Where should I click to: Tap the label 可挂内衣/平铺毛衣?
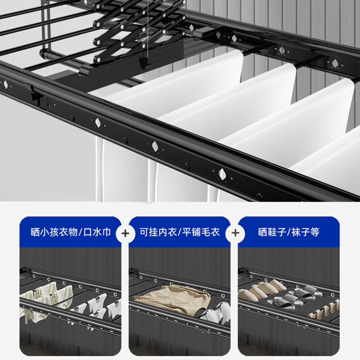180,232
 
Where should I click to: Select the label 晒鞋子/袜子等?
289,232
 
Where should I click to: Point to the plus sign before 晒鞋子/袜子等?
235,233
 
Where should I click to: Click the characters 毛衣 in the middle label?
210,232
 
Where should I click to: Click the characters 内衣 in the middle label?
170,232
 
